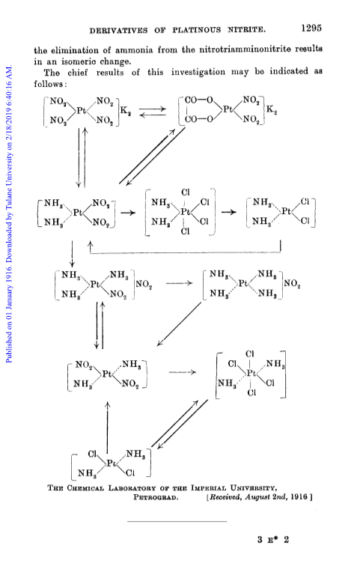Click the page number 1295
pos(311,28)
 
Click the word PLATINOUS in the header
pos(197,30)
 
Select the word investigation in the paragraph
pos(198,72)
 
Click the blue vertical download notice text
pos(9,214)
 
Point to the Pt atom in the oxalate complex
pos(228,109)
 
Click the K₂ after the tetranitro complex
pos(126,111)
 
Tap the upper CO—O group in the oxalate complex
pos(198,100)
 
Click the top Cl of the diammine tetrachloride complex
pos(185,192)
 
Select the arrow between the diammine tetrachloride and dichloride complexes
pos(229,212)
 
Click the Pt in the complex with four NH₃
pos(243,284)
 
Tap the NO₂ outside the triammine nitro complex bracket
pos(144,285)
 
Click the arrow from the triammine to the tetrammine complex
pos(180,283)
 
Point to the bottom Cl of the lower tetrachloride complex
pos(251,393)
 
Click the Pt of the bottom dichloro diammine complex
pos(111,464)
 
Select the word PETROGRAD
pos(156,498)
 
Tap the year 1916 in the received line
pos(299,497)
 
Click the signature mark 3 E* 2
pos(273,540)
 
